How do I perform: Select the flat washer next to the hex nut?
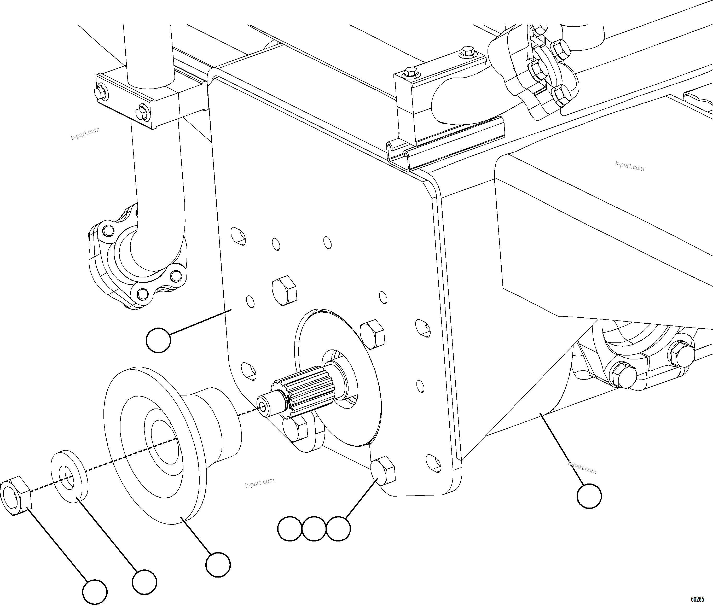(x=69, y=477)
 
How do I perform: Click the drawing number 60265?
(x=697, y=599)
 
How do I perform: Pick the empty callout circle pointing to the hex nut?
(x=95, y=592)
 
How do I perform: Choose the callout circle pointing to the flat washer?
(x=144, y=582)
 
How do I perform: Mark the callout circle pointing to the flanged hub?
(x=218, y=564)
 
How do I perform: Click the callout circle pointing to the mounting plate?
(x=158, y=340)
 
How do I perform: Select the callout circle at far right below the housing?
(x=589, y=496)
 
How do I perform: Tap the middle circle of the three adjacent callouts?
(x=314, y=528)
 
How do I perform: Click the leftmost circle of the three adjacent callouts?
(x=290, y=528)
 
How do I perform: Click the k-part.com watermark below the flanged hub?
(x=259, y=482)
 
